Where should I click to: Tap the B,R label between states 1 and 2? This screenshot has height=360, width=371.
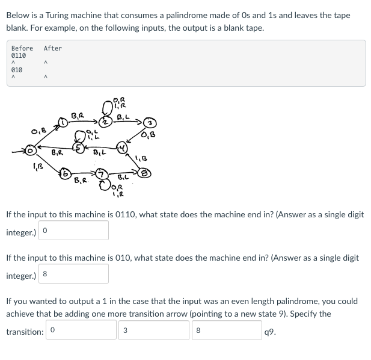coord(78,115)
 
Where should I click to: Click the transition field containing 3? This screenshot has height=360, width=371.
coord(155,329)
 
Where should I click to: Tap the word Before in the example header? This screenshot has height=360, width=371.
coord(22,48)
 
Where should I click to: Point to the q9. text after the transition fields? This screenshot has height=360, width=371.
coord(270,330)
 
